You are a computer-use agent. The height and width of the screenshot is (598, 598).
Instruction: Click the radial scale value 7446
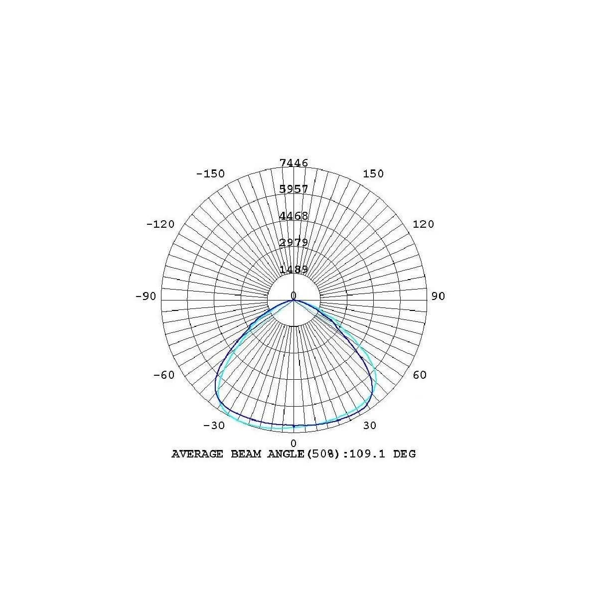[x=294, y=162]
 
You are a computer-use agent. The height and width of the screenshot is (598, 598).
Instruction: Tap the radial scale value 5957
[x=294, y=189]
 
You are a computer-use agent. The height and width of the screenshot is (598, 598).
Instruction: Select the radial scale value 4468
[x=294, y=216]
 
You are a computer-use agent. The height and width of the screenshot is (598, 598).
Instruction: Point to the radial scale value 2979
[x=294, y=242]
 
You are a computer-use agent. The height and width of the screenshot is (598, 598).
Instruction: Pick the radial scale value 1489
[x=294, y=270]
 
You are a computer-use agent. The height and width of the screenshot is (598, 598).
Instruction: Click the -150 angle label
[x=210, y=173]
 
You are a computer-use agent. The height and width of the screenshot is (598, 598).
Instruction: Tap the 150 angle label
[x=373, y=173]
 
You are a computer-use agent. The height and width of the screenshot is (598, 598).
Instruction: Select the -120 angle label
[x=160, y=224]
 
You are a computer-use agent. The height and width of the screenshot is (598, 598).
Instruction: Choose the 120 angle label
[x=423, y=224]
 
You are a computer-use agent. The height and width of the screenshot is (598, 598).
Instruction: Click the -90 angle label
[x=146, y=296]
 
